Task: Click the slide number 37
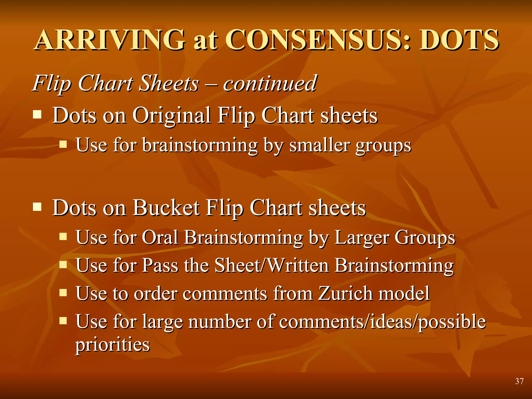click(519, 381)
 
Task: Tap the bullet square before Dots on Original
click(37, 114)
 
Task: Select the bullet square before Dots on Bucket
click(37, 207)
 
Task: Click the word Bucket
click(166, 208)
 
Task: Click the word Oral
click(160, 237)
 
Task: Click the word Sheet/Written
click(272, 265)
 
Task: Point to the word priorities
click(112, 345)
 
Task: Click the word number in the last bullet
click(220, 322)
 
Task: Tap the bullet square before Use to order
click(63, 293)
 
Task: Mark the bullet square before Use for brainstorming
click(63, 144)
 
